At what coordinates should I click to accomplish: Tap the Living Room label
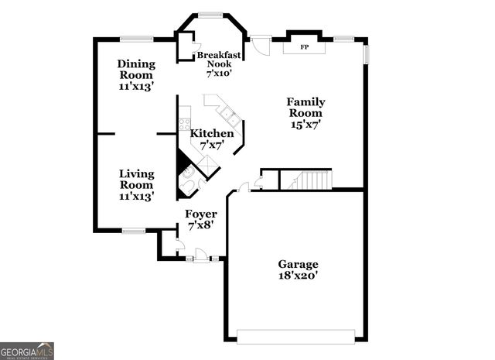point(136,185)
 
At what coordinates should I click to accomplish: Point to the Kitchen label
point(211,139)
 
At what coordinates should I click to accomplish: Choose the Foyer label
point(200,219)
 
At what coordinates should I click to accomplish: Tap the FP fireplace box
point(304,47)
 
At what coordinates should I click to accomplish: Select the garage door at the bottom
point(295,335)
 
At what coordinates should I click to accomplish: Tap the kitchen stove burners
point(185,124)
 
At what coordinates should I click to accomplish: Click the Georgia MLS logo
point(27,350)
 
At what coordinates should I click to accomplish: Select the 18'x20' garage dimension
point(298,275)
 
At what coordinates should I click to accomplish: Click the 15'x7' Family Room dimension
point(306,123)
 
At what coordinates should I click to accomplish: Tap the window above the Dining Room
point(135,39)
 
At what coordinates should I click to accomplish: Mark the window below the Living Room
point(134,230)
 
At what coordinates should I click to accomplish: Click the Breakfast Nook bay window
point(210,14)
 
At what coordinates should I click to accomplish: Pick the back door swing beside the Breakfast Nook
point(263,46)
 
